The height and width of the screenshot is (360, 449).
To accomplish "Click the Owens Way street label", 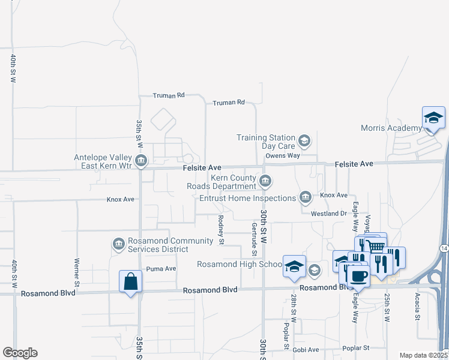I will pyautogui.click(x=283, y=155).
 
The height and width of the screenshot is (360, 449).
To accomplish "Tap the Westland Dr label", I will pyautogui.click(x=329, y=214).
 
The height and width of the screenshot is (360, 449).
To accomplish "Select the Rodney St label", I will pyautogui.click(x=221, y=230).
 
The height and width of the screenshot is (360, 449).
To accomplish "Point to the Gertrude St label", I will pyautogui.click(x=255, y=236).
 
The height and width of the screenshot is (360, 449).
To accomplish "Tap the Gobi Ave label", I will pyautogui.click(x=306, y=349).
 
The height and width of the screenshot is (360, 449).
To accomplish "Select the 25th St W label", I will pyautogui.click(x=387, y=308).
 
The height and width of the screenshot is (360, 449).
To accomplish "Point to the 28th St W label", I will pyautogui.click(x=294, y=310).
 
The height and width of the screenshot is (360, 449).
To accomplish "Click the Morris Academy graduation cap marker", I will pyautogui.click(x=433, y=118).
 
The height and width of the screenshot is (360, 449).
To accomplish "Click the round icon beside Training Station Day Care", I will pyautogui.click(x=304, y=140).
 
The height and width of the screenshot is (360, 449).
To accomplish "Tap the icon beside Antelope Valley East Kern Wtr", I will pyautogui.click(x=141, y=160).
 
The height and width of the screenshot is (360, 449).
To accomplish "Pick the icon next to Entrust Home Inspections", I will pyautogui.click(x=306, y=197).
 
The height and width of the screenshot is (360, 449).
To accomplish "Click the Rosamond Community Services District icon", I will pyautogui.click(x=118, y=244).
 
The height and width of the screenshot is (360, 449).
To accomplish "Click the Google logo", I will pyautogui.click(x=20, y=353).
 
